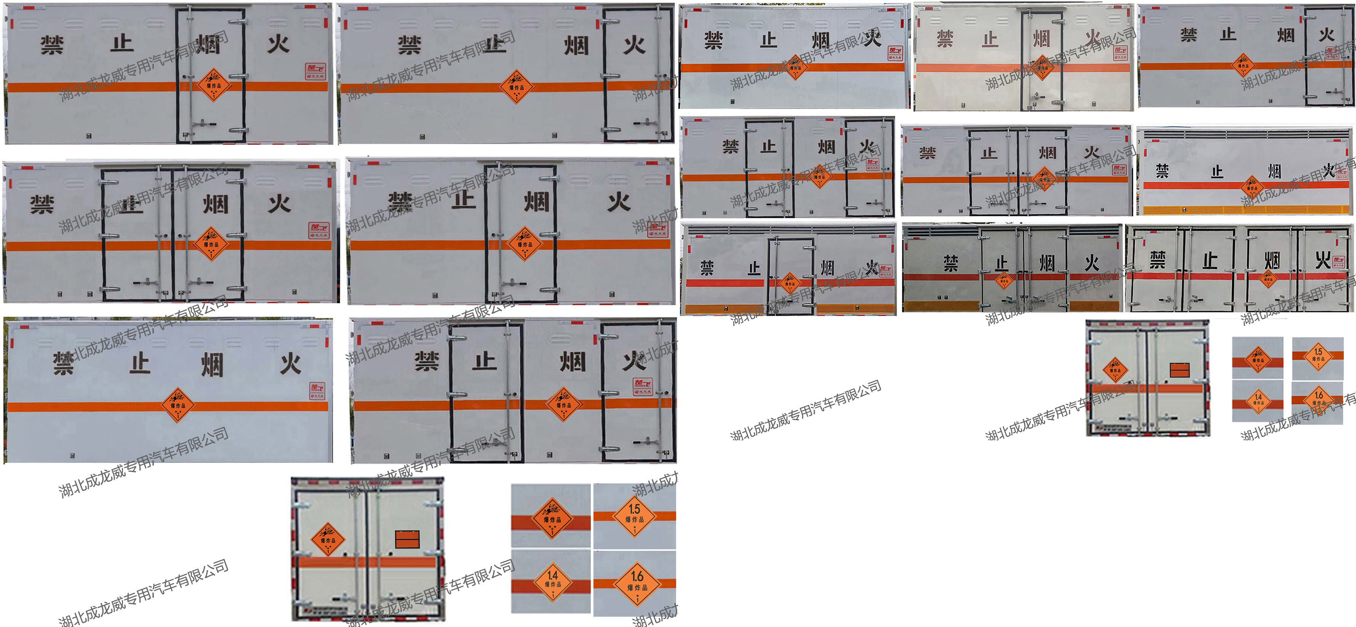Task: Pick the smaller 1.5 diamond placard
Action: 1318,357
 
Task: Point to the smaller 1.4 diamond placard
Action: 1258,401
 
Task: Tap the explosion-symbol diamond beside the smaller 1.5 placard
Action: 1258,359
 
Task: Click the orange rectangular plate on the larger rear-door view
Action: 408,539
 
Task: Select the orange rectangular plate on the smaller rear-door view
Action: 1180,370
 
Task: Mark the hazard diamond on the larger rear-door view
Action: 328,539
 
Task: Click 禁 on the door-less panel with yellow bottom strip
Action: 1162,171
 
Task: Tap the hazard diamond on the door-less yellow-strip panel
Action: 1252,187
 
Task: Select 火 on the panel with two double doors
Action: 1323,259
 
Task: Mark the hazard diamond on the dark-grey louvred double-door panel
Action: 1004,280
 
